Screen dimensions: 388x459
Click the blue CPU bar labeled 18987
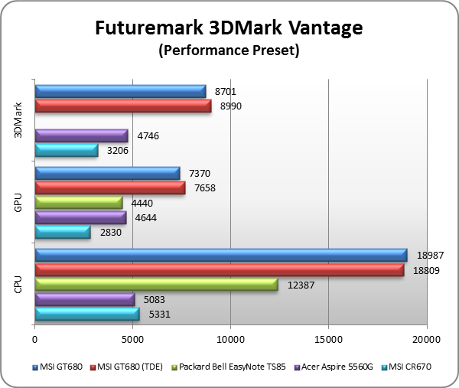tap(220, 255)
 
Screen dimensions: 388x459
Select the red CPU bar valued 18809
tap(219, 269)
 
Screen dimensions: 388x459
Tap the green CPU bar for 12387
tap(156, 284)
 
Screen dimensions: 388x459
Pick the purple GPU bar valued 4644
tap(80, 217)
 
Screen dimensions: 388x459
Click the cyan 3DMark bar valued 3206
tap(67, 150)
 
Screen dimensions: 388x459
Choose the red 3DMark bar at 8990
tap(122, 106)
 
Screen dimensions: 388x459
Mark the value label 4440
tap(142, 202)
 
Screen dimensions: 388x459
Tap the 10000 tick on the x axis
tap(230, 337)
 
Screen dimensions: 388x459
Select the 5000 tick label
tap(132, 337)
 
